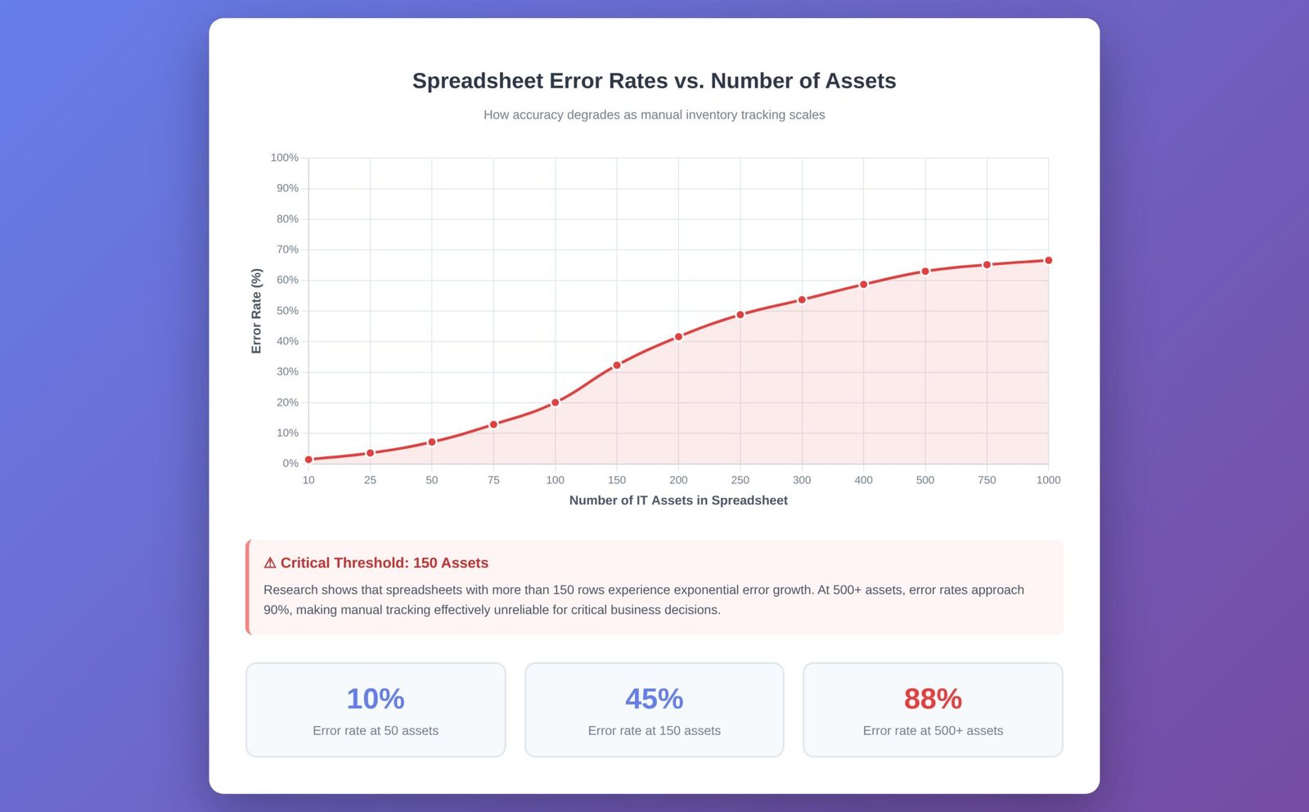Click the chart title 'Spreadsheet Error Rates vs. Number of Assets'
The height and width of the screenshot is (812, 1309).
coord(654,81)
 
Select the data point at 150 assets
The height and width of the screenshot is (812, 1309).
coord(617,366)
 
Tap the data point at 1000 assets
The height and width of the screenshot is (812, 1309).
coord(1048,261)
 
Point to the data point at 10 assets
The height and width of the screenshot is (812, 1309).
coord(308,460)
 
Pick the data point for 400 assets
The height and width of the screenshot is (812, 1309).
coord(863,285)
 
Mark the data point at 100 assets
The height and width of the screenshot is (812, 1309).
coord(556,402)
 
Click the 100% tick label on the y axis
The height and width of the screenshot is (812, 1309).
coord(285,158)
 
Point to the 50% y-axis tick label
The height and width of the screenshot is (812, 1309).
coord(287,311)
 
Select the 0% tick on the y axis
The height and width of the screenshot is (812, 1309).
coord(290,464)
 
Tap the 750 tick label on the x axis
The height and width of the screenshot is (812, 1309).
coord(987,480)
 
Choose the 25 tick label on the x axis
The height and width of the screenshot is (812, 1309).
coord(370,480)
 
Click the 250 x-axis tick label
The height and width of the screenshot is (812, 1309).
coord(740,480)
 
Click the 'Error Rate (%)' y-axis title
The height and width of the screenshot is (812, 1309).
coord(256,311)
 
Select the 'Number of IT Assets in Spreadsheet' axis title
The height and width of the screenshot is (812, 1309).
coord(678,500)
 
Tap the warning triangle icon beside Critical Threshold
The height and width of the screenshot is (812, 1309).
coord(270,563)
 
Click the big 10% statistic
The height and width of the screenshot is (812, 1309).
coord(376,699)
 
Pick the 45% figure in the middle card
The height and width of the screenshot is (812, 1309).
coord(654,699)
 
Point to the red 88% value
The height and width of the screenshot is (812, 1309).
coord(933,699)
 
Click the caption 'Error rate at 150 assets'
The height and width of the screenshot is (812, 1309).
coord(654,731)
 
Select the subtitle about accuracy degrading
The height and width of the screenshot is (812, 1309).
coord(654,115)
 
